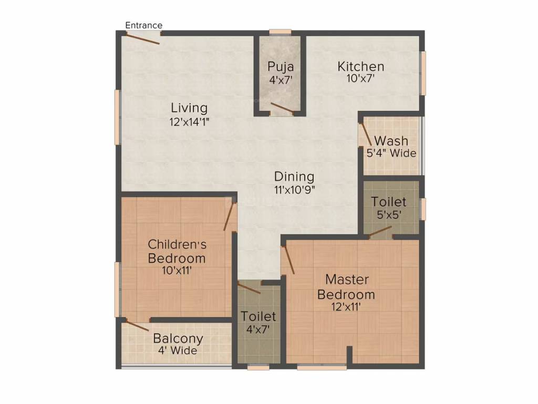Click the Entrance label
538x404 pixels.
coord(143,25)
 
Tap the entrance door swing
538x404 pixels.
coord(143,38)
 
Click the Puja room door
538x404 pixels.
coord(282,108)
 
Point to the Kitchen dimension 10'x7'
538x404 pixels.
coord(360,79)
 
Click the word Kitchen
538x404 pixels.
coord(360,67)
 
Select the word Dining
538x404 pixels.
coord(294,177)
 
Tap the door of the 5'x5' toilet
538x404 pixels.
coord(380,232)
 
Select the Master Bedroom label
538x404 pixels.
coord(346,287)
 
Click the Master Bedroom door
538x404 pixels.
coord(288,260)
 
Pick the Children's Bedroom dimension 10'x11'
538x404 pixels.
coord(177,271)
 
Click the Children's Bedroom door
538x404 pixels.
coord(229,217)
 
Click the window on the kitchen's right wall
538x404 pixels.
coord(422,73)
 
